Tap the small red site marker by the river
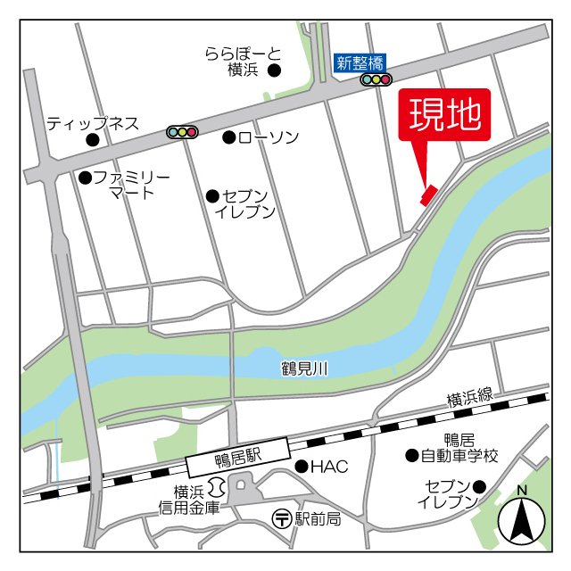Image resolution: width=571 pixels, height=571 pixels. pos(428,194)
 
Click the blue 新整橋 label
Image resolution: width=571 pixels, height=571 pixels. pos(360,62)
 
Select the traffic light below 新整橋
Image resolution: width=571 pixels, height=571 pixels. pos(376,79)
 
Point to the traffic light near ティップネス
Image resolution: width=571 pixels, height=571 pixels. pos(182,132)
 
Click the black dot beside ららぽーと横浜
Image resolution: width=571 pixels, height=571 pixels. pos(275,70)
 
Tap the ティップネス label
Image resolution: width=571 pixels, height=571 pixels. pos(93,122)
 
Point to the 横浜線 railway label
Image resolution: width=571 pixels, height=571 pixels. pos(469,399)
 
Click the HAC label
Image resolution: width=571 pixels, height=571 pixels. pos(329,466)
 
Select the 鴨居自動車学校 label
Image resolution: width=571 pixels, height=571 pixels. pos(459,448)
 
